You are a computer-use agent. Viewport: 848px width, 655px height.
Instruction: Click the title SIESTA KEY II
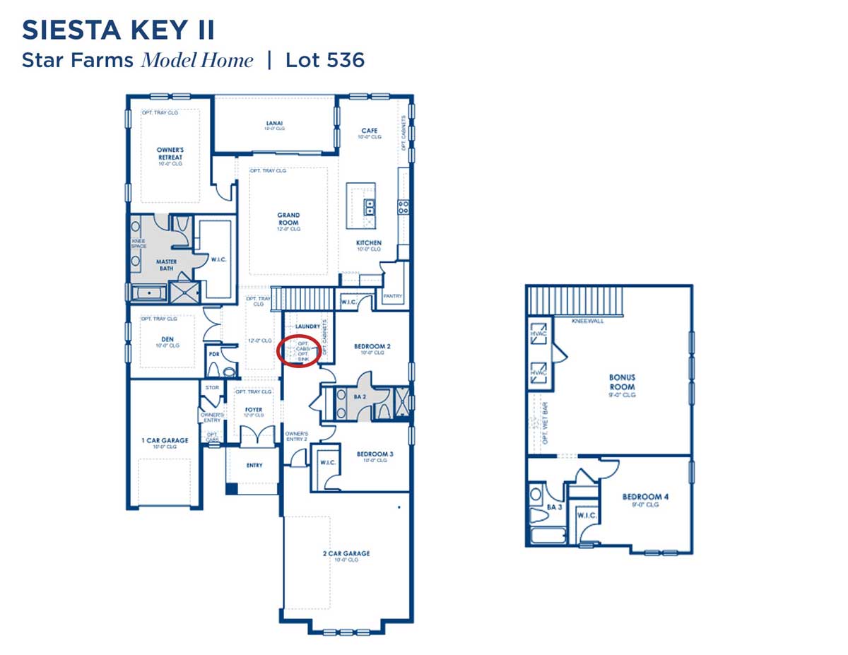point(118,31)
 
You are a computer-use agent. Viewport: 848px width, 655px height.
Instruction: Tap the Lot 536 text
point(325,60)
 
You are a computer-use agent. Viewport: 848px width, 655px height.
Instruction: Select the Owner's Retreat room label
point(170,153)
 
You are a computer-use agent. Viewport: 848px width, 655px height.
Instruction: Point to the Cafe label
point(370,131)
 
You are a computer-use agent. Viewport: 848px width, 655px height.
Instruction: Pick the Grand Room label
point(288,219)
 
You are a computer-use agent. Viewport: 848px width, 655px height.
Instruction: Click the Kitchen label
point(368,243)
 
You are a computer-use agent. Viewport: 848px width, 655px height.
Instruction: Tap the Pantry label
point(392,297)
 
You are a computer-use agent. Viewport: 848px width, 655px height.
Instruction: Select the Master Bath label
point(167,265)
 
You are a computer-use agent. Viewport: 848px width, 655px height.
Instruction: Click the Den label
point(167,340)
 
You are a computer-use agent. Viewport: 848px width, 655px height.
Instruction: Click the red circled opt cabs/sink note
point(298,352)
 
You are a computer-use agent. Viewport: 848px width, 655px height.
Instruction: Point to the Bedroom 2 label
point(372,346)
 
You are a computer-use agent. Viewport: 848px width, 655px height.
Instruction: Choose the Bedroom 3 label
point(375,454)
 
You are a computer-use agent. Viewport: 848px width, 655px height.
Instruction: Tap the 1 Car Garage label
point(165,441)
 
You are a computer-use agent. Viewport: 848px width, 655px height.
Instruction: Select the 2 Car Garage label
point(346,554)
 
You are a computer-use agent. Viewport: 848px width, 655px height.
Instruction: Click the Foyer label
point(254,410)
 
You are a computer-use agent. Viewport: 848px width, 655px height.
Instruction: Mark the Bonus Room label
point(623,382)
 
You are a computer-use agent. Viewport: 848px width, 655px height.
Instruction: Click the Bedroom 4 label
point(645,497)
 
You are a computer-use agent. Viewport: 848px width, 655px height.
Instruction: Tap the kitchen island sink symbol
point(369,206)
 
